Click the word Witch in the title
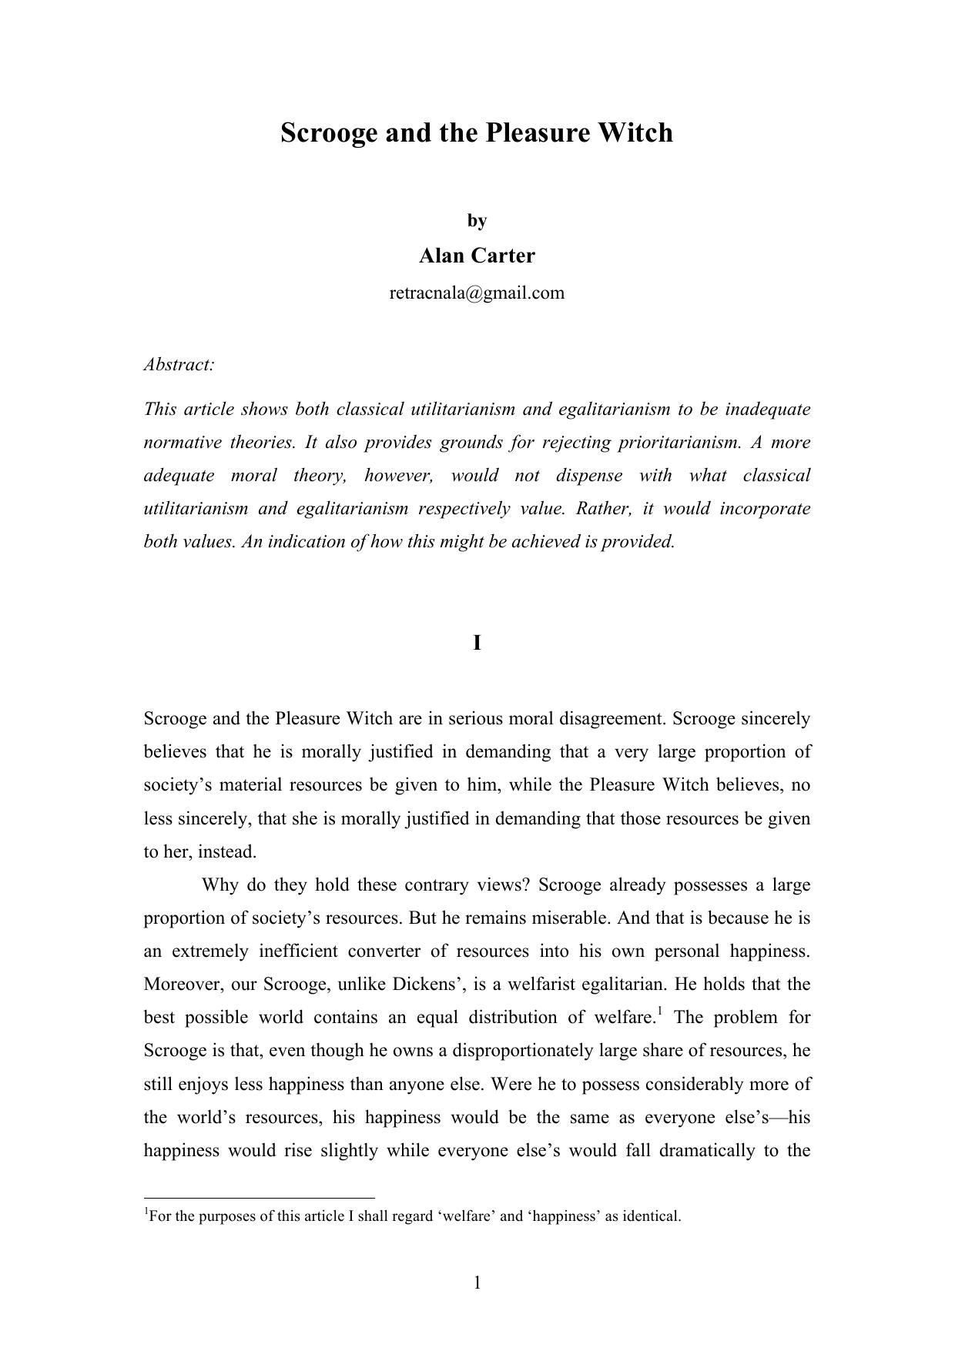coord(635,132)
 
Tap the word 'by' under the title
coord(477,221)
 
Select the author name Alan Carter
coord(477,256)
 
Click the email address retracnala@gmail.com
coord(477,293)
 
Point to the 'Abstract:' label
coord(179,365)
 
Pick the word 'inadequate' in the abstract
coord(767,409)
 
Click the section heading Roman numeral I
coord(477,643)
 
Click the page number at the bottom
coord(477,1282)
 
